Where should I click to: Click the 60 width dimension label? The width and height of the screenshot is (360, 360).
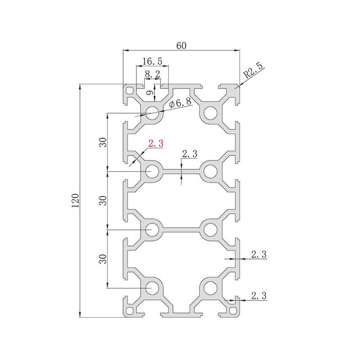(x=181, y=46)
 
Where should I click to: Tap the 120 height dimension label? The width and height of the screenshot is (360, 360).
(x=75, y=201)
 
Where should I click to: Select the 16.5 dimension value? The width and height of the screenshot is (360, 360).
(x=152, y=61)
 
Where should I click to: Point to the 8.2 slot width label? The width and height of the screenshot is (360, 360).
(x=153, y=74)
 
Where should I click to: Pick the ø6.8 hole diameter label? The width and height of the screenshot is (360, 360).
(x=180, y=103)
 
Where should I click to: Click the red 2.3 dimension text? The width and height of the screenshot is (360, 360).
(x=156, y=143)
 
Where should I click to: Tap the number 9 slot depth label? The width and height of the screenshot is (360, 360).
(x=150, y=93)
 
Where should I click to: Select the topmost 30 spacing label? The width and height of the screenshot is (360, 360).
(x=103, y=142)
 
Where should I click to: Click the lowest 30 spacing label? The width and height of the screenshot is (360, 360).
(x=103, y=259)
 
